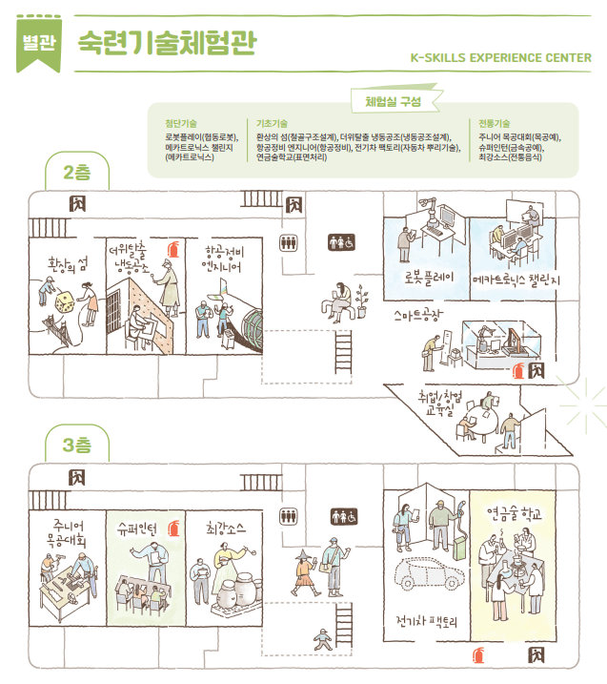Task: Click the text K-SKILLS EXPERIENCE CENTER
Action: pos(500,56)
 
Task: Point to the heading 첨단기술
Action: pos(181,123)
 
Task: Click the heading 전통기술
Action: pos(495,123)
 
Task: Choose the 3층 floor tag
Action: pos(77,446)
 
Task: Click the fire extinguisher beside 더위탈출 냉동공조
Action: pos(172,250)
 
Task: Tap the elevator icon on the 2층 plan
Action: pos(287,242)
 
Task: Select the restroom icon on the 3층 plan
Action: pos(342,515)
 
